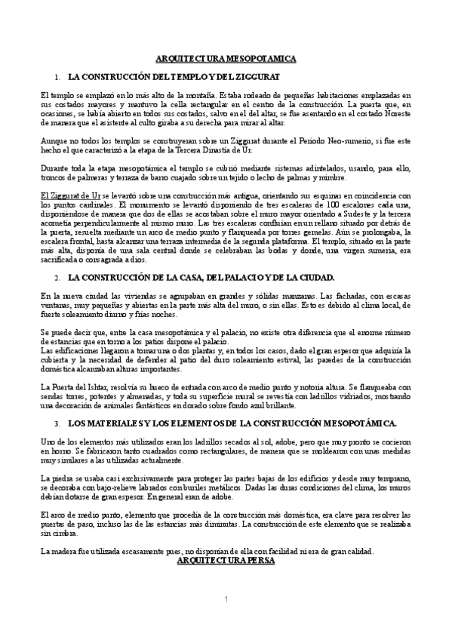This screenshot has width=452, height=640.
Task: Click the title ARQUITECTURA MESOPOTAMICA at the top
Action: pyautogui.click(x=226, y=58)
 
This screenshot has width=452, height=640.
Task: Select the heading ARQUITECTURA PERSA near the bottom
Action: pyautogui.click(x=226, y=562)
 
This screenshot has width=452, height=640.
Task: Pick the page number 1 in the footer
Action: pyautogui.click(x=226, y=599)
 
